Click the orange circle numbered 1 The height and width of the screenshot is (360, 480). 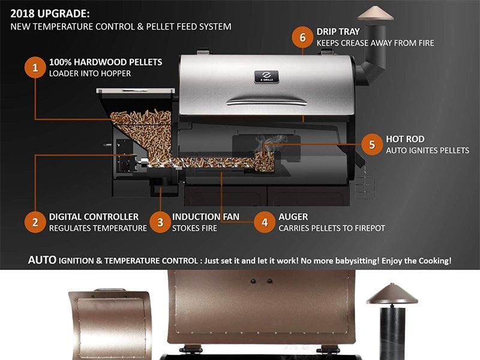tap(35, 67)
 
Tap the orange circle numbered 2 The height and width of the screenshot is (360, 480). tap(35, 222)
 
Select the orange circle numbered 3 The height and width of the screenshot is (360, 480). tap(160, 222)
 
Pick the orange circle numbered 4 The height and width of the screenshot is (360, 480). tap(265, 222)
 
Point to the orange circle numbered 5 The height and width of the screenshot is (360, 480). tap(372, 145)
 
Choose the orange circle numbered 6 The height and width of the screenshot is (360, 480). tap(302, 37)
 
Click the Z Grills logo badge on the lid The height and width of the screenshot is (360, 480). tap(266, 77)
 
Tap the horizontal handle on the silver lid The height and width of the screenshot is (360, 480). tap(266, 101)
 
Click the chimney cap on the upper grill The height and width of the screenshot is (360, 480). tap(376, 13)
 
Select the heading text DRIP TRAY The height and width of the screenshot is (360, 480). tap(338, 32)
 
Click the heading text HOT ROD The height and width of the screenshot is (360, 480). tap(405, 139)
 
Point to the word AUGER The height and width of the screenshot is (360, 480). tap(293, 217)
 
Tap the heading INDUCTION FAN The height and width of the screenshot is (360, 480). tap(205, 217)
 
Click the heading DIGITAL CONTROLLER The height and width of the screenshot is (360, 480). tap(94, 217)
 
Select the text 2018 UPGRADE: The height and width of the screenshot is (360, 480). tap(50, 14)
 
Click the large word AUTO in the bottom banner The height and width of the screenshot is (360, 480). tap(42, 260)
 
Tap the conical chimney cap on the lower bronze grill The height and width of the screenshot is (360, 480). tap(392, 294)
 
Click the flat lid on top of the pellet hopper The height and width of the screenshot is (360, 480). tap(136, 91)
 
